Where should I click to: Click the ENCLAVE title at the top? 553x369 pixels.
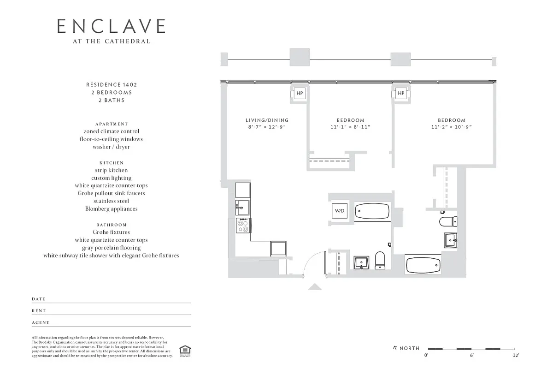(x=111, y=26)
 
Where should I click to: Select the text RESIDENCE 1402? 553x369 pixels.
(x=112, y=85)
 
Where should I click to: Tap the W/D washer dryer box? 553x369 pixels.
(x=340, y=211)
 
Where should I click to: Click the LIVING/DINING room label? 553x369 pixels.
(x=267, y=120)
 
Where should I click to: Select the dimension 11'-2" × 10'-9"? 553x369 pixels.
(x=452, y=127)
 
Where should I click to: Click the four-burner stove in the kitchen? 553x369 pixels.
(x=243, y=225)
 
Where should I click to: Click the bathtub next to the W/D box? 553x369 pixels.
(x=372, y=212)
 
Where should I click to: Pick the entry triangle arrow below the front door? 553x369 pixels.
(x=315, y=287)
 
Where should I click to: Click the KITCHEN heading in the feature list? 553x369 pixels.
(x=112, y=163)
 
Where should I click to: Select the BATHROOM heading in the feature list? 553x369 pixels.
(x=112, y=225)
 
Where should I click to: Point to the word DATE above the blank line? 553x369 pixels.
(x=39, y=299)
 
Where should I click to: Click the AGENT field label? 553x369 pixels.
(x=41, y=323)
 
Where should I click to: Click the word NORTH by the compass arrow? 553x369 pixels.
(x=409, y=348)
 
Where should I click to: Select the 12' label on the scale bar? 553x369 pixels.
(x=516, y=355)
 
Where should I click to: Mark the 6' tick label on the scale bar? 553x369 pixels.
(x=472, y=355)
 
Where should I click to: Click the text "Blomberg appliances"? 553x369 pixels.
(x=112, y=208)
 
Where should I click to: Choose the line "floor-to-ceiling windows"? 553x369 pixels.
(x=112, y=139)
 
